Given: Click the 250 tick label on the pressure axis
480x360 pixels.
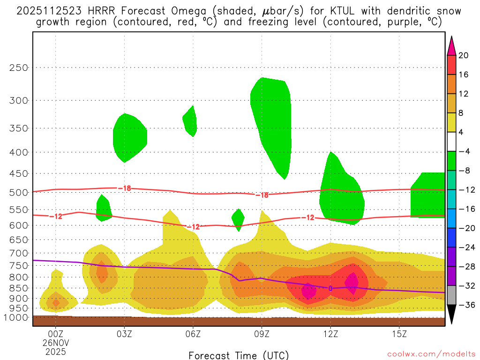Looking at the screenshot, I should click(x=19, y=67).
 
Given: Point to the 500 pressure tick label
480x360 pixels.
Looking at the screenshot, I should click(x=19, y=192).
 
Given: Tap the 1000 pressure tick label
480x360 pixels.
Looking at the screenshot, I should click(x=16, y=318).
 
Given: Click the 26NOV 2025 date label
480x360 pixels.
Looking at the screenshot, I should click(x=55, y=347).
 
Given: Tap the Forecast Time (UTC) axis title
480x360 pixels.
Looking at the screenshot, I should click(x=239, y=355).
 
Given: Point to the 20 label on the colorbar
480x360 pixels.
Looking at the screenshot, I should click(x=464, y=56).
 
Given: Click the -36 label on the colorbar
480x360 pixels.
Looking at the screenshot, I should click(x=465, y=305).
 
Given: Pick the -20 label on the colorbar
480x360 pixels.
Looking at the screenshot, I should click(x=465, y=228).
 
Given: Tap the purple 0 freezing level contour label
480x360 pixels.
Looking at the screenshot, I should click(x=330, y=288).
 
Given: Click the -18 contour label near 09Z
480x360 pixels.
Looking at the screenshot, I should click(x=262, y=195).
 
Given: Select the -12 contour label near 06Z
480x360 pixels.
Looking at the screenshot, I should click(x=193, y=227).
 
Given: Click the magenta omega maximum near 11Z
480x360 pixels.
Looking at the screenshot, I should click(x=308, y=291).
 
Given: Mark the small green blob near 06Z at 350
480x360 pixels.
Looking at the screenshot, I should click(x=190, y=121).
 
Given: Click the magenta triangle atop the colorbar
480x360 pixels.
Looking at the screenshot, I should click(x=451, y=45).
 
